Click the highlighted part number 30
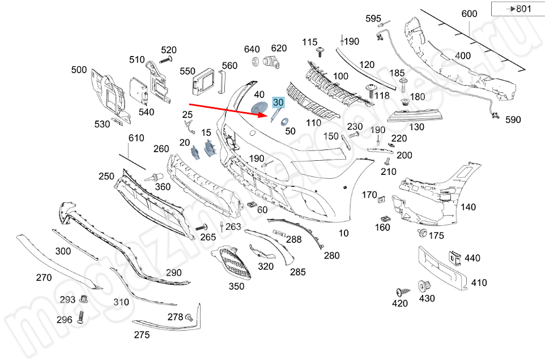click(x=278, y=102)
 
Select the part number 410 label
click(x=479, y=282)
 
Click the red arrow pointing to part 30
click(x=227, y=109)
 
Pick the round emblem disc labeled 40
click(x=259, y=109)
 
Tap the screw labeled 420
click(x=401, y=292)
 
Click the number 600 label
click(x=469, y=14)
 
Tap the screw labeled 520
click(x=165, y=60)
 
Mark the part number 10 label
click(x=344, y=233)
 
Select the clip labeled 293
click(x=84, y=299)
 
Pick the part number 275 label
click(x=142, y=335)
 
